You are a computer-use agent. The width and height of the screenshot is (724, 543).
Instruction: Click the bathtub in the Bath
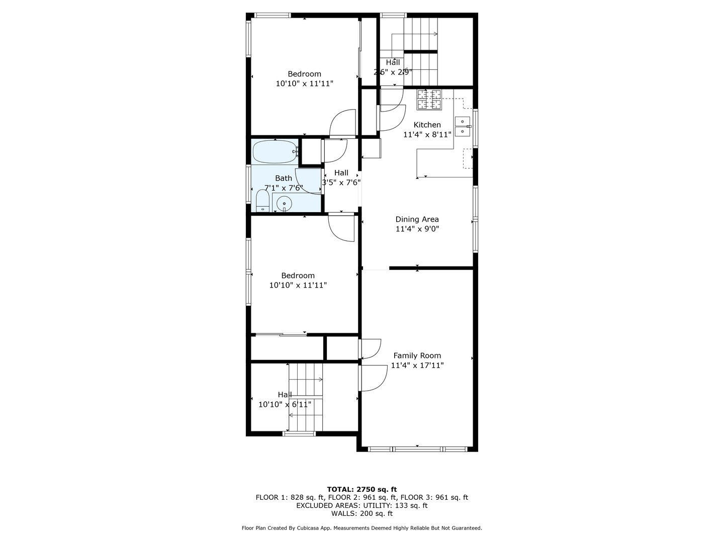coord(274,151)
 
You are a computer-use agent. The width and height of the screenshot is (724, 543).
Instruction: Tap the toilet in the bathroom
coord(262,201)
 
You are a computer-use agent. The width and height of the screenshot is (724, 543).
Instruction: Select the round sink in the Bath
coord(284,204)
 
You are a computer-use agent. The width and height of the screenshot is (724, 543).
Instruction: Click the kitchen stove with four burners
coord(429,100)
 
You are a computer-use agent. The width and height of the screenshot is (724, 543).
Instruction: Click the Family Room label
coord(417,355)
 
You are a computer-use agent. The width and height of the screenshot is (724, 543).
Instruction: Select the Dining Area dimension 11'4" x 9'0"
coord(417,229)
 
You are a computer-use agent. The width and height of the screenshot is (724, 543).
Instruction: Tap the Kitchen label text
coord(427,125)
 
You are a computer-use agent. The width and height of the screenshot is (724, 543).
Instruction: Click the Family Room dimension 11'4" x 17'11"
coord(417,366)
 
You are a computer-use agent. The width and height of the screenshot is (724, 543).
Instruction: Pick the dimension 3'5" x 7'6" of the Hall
coord(341,183)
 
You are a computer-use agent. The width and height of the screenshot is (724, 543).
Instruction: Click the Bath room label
coord(284,178)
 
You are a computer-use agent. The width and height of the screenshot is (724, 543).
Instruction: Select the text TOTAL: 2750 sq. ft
coord(361,489)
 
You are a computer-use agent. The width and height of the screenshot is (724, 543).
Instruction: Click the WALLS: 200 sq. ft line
coord(361,513)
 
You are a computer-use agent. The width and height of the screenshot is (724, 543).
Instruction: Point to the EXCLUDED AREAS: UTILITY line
coord(361,505)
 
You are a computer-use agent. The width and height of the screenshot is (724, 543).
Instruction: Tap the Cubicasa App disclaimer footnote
coord(361,528)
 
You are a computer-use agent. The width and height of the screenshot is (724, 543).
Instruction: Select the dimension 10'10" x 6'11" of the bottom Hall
coord(285,404)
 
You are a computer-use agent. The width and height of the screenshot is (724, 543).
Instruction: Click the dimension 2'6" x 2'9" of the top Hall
coord(393,72)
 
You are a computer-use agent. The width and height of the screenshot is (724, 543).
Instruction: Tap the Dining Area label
coord(417,219)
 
